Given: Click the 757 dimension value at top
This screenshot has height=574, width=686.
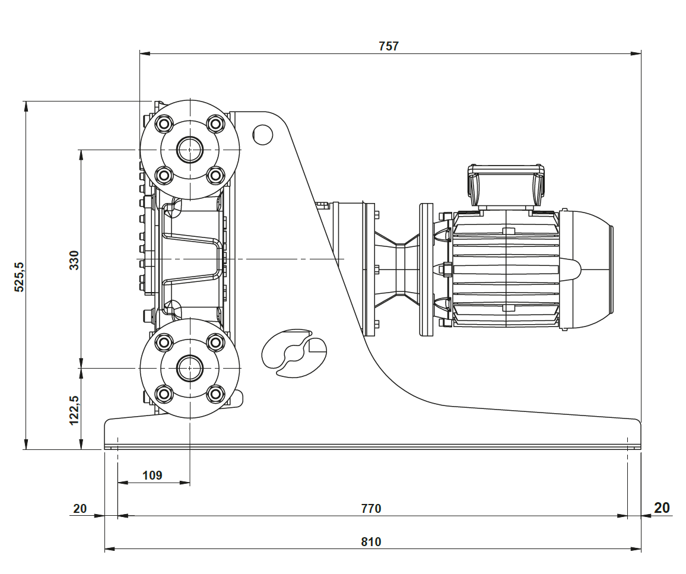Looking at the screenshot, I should click(389, 46).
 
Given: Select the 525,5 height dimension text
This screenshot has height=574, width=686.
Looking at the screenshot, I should click(20, 277).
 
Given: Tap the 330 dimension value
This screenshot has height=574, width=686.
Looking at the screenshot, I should click(74, 260).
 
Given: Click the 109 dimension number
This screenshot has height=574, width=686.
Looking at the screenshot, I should click(153, 475).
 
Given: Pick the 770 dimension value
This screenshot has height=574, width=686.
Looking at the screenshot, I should click(371, 509).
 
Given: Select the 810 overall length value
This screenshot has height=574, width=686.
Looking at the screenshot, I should click(371, 542).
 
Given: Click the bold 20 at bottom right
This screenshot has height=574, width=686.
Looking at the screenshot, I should click(662, 508).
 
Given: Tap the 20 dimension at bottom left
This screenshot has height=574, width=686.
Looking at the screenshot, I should click(80, 509).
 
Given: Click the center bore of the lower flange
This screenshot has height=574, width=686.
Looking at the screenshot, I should click(190, 368).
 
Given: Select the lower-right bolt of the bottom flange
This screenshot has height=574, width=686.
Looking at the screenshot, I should click(215, 393).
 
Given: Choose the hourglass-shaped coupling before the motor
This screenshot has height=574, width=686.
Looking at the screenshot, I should click(398, 269).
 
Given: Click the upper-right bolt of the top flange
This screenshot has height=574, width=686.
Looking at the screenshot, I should click(215, 124).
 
